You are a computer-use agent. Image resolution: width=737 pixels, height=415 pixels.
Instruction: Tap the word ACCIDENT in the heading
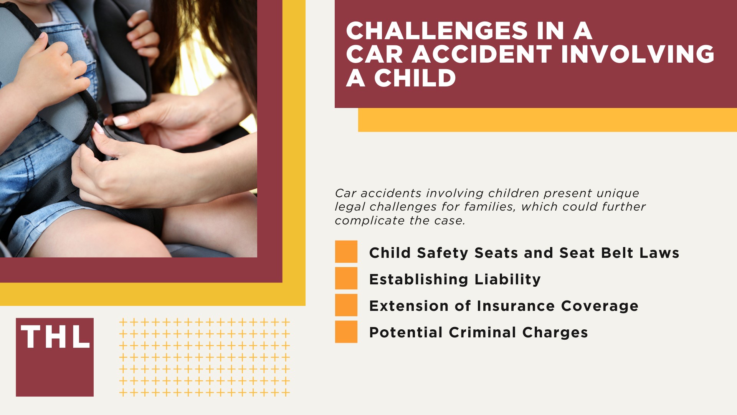[482, 54]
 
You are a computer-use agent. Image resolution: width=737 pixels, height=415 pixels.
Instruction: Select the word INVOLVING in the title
[638, 54]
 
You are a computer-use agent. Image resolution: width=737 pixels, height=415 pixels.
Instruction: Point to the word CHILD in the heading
[415, 78]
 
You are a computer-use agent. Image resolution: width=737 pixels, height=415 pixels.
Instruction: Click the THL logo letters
[55, 337]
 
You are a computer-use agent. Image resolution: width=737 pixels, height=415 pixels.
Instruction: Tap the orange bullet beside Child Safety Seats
[346, 252]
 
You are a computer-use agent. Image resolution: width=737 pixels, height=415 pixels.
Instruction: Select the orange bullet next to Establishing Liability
[346, 278]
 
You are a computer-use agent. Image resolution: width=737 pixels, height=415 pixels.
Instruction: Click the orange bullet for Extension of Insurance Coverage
[346, 305]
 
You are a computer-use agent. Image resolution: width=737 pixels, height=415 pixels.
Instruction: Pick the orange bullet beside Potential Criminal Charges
[346, 332]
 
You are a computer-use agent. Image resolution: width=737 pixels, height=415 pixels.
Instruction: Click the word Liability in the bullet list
[507, 279]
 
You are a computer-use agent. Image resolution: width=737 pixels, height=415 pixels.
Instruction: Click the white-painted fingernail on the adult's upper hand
[121, 121]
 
